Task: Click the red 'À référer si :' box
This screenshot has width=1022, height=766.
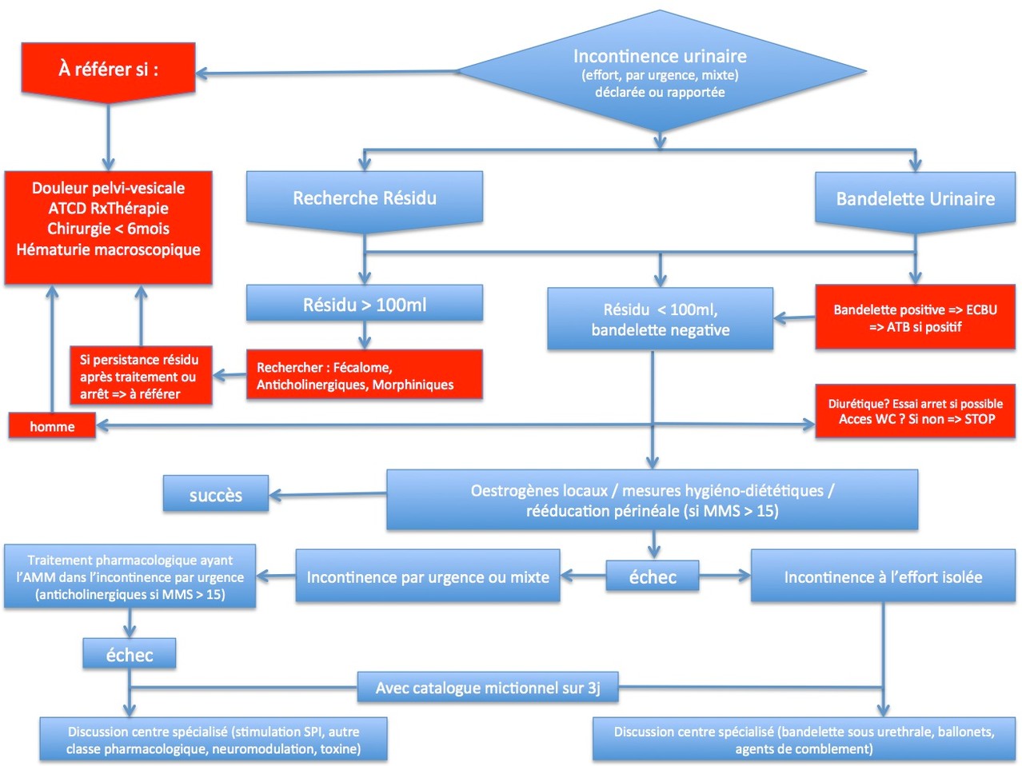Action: tap(108, 70)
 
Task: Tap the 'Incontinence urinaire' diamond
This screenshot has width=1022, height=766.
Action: tap(660, 72)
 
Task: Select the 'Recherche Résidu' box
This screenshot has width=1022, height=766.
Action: tap(365, 198)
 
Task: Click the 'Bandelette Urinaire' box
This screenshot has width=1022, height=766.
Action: tap(915, 199)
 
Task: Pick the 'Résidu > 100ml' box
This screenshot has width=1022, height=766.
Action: tap(365, 305)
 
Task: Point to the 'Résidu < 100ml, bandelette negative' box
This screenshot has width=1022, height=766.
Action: tap(660, 319)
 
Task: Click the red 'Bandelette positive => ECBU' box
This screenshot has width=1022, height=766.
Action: tap(915, 317)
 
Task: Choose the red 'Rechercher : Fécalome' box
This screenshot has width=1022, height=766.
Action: tap(365, 376)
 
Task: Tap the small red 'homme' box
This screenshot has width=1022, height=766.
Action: tap(52, 426)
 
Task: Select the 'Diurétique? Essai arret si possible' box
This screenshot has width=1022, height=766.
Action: tap(915, 411)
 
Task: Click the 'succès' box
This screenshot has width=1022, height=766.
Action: tap(216, 495)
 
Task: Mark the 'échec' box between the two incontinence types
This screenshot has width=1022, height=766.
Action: tap(653, 576)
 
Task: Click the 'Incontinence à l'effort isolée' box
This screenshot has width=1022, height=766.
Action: tap(883, 576)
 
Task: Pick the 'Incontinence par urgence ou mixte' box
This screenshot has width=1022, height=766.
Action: tap(428, 576)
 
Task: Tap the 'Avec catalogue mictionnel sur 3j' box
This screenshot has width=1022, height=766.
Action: tap(488, 688)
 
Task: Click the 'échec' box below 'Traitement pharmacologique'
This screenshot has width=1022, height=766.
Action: tap(130, 655)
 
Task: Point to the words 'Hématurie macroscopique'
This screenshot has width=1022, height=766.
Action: tap(108, 249)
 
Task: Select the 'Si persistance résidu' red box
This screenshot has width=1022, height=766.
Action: tap(140, 377)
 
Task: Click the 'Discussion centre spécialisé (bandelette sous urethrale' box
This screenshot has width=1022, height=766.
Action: tap(804, 740)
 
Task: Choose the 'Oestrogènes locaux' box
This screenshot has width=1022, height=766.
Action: tap(652, 501)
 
